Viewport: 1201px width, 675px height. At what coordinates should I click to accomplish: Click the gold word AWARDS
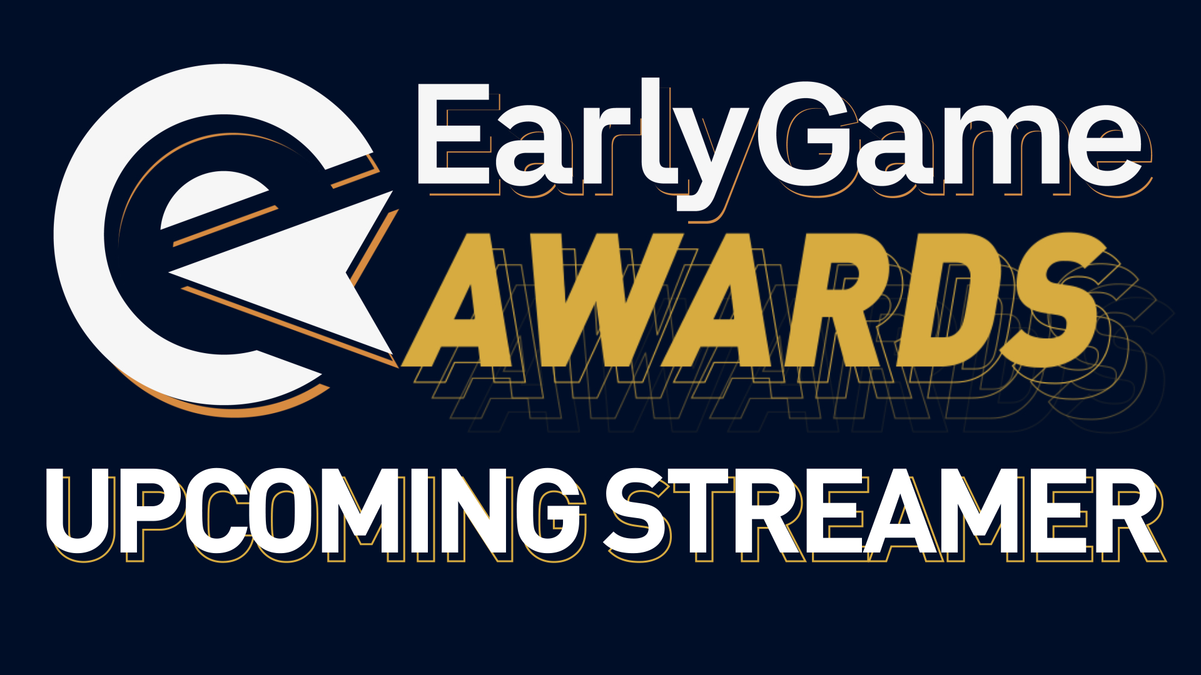[751, 300]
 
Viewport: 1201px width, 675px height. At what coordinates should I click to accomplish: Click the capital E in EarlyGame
[454, 134]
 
